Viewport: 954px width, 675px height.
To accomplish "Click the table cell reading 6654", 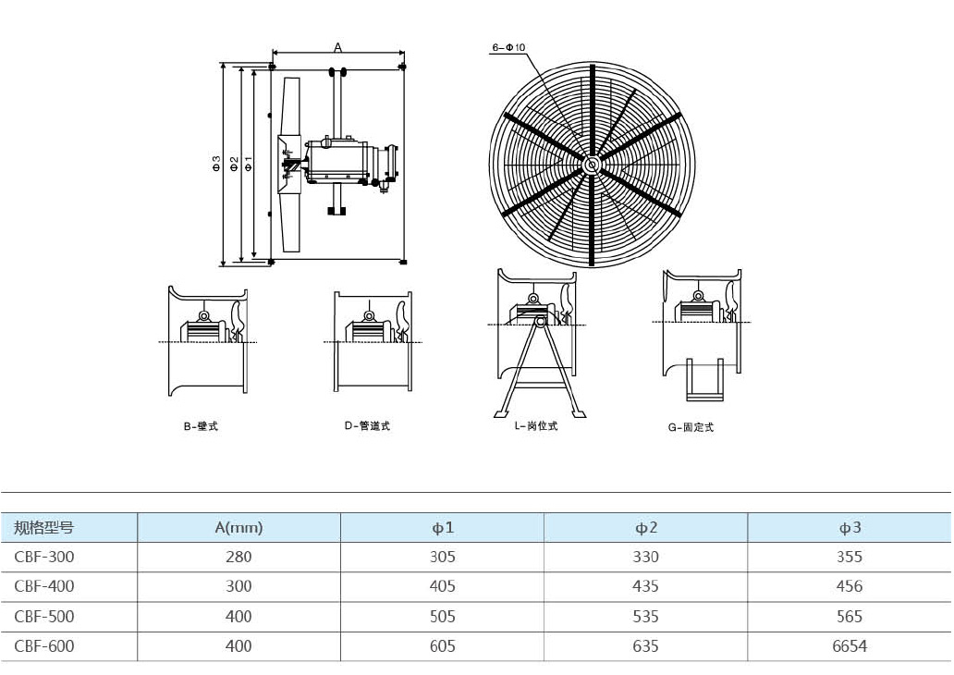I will (849, 647).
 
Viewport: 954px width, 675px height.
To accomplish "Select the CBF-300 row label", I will (44, 557).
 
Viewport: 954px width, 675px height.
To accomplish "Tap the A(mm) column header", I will (238, 528).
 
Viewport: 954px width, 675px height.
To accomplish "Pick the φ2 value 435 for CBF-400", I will (645, 586).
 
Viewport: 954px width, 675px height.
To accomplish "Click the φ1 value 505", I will (443, 617).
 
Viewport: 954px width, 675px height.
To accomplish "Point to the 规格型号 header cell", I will (44, 528).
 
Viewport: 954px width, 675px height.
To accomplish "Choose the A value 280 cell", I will (238, 557).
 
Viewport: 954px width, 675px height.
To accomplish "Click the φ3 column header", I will (849, 528).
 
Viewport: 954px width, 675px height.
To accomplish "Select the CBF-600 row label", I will (44, 647).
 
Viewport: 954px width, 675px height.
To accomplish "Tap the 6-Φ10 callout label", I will (508, 47).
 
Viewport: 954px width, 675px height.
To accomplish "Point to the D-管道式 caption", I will (367, 426).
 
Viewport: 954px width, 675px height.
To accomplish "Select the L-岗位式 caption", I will (536, 426).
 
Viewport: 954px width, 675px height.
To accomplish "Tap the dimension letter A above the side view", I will (337, 47).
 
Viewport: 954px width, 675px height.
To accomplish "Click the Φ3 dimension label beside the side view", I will (215, 165).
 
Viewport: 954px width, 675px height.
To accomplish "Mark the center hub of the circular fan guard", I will (591, 164).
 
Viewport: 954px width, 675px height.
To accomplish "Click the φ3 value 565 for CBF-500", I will (849, 617).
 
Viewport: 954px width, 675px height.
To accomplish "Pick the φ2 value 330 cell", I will (645, 557).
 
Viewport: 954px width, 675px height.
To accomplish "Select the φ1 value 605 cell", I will (443, 647).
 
